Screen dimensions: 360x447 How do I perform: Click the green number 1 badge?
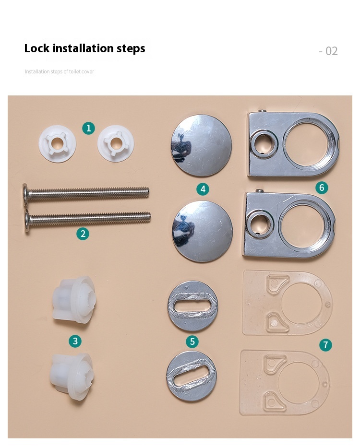pos(88,128)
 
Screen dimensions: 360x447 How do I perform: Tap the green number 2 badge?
pos(83,234)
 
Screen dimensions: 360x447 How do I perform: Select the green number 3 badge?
pos(75,341)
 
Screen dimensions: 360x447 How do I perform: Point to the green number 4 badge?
pos(203,189)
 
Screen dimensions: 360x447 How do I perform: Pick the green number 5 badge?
pos(192,341)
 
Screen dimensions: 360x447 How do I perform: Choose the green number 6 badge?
pos(322,188)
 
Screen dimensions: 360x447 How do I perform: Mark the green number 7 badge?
pos(325,345)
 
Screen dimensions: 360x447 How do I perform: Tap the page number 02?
pos(332,51)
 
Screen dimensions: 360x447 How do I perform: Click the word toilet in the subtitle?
pos(75,71)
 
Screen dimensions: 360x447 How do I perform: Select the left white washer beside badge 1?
pos(57,143)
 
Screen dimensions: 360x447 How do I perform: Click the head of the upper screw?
pos(25,194)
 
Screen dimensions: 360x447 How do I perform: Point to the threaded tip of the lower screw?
pos(148,217)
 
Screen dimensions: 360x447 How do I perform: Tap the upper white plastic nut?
pos(74,299)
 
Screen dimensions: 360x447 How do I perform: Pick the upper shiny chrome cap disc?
pos(201,145)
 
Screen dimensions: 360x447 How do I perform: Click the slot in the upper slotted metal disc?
pos(192,306)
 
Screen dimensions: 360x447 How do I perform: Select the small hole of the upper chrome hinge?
pos(264,144)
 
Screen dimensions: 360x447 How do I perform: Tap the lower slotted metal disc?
pos(192,376)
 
